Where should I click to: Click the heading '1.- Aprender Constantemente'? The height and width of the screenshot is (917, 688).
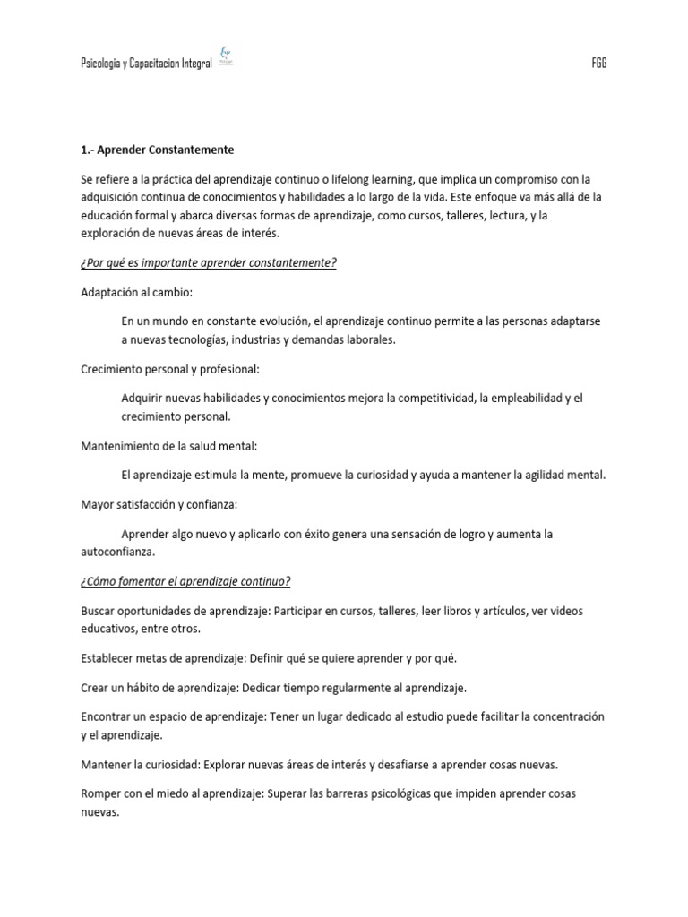(x=157, y=150)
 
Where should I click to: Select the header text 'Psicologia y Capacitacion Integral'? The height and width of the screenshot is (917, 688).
(x=145, y=64)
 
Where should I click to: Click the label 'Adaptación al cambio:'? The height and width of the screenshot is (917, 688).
(x=136, y=293)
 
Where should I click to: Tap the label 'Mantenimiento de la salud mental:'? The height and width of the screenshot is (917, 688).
(x=168, y=446)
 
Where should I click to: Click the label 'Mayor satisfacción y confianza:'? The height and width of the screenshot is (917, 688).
(x=159, y=504)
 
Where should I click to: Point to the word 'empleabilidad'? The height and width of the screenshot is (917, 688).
(x=513, y=398)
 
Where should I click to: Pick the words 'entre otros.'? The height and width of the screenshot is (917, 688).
(x=140, y=629)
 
